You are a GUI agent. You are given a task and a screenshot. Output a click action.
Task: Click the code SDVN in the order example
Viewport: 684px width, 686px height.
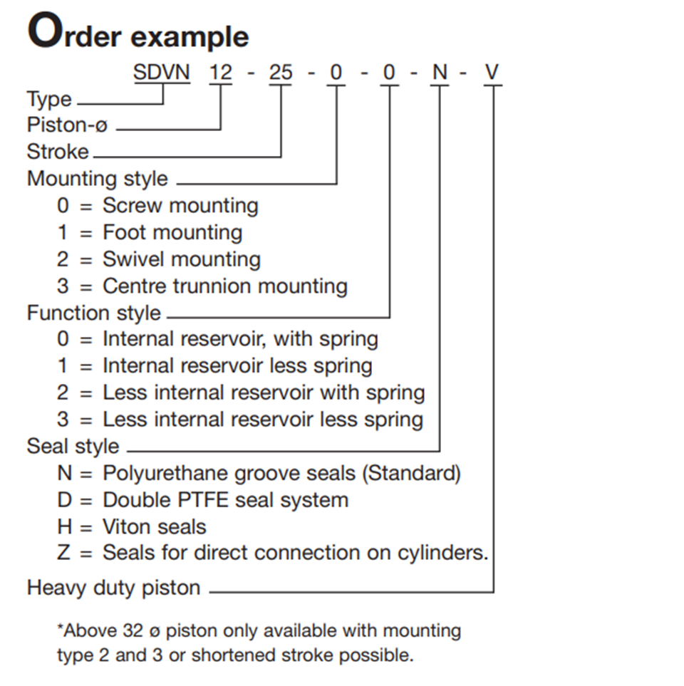point(162,72)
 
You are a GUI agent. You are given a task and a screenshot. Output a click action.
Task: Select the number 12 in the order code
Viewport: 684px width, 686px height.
point(221,72)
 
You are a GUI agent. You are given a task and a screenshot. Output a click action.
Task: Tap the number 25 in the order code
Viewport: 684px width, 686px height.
point(281,72)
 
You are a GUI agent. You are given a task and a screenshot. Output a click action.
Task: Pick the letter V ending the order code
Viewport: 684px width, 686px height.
point(492,72)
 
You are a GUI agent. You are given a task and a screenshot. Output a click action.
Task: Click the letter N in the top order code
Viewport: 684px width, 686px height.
point(440,72)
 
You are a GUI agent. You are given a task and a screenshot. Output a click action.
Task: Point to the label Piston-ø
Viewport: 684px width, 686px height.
point(67,125)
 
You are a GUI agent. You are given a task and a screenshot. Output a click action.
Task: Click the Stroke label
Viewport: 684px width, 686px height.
point(58,151)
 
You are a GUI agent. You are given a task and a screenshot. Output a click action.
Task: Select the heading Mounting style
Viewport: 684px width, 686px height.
point(97,179)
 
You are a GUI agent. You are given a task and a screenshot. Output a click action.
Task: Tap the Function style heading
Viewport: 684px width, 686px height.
point(93,313)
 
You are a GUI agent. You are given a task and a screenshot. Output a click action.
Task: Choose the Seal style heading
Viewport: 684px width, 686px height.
point(73,447)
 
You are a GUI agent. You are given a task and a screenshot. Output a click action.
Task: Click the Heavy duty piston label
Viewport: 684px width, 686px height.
point(113,588)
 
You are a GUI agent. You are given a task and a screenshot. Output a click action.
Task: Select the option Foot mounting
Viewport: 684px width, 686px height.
point(172,232)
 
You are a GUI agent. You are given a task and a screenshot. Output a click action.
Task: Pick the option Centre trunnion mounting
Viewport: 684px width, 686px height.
point(225,286)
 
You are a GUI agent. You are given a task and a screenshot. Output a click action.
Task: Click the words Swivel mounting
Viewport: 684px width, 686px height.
point(182,259)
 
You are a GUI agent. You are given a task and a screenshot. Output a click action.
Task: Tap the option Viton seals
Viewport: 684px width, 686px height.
point(154,526)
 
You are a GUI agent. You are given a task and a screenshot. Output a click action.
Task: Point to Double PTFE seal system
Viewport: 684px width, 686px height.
point(225,500)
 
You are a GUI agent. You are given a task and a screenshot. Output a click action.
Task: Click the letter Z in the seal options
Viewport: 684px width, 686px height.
point(63,553)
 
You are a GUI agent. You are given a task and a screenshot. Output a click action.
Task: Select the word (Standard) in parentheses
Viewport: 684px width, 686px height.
point(411,474)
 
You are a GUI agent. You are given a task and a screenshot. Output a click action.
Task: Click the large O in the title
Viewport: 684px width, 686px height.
point(45,30)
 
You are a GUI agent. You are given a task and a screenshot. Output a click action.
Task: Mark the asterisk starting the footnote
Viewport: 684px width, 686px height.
point(61,627)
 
